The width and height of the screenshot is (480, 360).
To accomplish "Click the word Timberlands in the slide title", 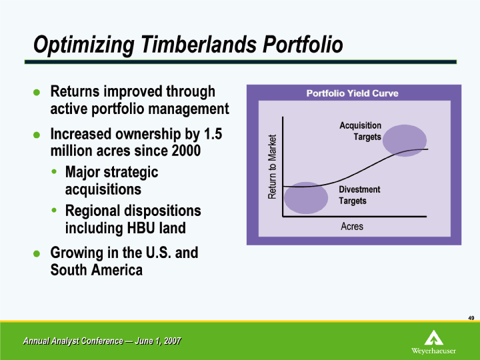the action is [x=199, y=45].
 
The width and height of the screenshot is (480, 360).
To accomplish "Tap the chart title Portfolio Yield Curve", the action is [x=353, y=93].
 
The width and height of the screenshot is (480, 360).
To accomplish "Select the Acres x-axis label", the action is [x=352, y=227].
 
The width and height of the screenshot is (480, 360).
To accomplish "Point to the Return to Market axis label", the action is [x=272, y=167].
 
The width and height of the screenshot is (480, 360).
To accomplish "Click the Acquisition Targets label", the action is [x=360, y=131].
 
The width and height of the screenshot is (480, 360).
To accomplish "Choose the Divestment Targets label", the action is [x=359, y=195].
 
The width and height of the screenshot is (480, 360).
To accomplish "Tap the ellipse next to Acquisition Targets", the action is [x=405, y=141].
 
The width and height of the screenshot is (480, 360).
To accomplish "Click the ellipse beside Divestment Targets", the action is [x=306, y=198].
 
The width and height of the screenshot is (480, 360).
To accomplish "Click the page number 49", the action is [x=471, y=318].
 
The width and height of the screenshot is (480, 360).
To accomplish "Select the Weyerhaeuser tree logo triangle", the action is [x=434, y=337].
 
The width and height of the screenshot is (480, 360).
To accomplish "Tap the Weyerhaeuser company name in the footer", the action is [x=433, y=351].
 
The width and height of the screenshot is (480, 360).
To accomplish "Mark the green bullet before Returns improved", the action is [x=37, y=92].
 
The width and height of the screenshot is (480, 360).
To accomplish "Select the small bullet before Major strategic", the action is [x=54, y=171].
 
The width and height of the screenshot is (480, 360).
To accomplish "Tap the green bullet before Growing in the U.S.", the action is [x=37, y=253].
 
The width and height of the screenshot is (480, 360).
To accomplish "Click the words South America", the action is [x=97, y=270].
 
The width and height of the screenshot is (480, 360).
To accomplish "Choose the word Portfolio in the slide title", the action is [x=303, y=45].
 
